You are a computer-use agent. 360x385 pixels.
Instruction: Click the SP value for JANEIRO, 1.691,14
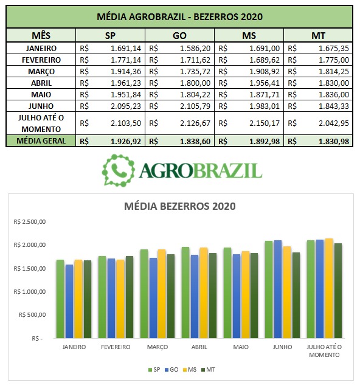point(126,49)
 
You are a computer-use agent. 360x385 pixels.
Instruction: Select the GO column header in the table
point(179,36)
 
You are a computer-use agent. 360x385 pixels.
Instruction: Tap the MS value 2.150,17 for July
point(265,123)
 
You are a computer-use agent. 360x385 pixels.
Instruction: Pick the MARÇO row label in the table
point(41,72)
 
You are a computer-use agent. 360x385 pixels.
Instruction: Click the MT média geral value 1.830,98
point(334,142)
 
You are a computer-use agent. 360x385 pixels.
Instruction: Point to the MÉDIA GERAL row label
point(41,141)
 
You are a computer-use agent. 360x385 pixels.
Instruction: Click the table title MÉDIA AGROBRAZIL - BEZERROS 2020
point(179,16)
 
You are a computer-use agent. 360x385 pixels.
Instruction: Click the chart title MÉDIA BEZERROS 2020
point(179,206)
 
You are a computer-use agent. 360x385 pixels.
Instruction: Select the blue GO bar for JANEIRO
point(69,301)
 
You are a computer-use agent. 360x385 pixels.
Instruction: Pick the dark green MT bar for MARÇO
point(171,296)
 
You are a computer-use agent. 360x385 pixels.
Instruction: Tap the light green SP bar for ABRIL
point(185,293)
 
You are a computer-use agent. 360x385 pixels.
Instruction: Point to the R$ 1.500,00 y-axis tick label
point(30,268)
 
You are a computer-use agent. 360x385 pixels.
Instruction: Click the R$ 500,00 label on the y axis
point(32,315)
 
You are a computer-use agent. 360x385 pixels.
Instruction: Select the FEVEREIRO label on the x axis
point(116,347)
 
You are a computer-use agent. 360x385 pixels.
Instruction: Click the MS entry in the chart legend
point(190,370)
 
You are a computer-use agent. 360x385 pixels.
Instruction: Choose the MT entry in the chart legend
point(208,370)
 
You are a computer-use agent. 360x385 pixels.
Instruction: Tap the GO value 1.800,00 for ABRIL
point(195,83)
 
